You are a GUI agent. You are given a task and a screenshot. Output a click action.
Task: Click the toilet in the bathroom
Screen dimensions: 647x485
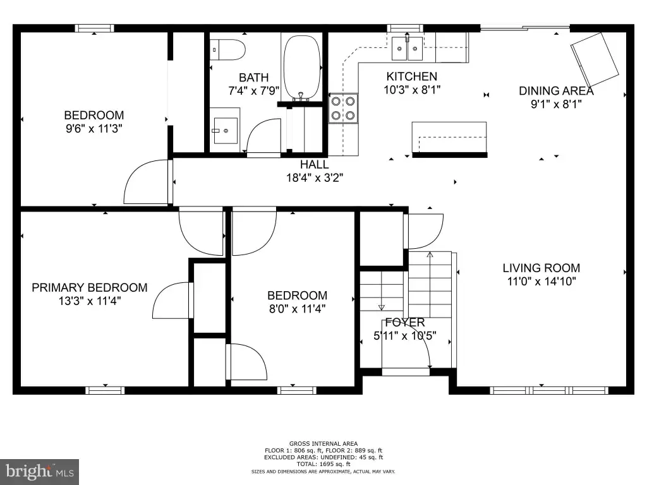[227, 50]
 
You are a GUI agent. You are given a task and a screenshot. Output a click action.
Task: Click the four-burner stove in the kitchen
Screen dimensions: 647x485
[343, 109]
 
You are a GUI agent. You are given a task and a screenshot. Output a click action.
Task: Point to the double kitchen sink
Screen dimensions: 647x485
[408, 48]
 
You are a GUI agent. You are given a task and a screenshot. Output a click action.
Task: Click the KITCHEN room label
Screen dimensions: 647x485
[412, 76]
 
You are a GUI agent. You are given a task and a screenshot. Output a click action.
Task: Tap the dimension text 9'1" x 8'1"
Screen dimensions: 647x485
[556, 104]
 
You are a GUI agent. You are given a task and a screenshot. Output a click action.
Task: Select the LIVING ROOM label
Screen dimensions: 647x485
[541, 268]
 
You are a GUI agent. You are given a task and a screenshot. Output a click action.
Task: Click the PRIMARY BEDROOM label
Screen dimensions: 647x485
[90, 287]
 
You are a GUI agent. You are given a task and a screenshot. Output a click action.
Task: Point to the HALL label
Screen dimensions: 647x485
[315, 165]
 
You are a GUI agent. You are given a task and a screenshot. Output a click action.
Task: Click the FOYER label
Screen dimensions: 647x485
[405, 322]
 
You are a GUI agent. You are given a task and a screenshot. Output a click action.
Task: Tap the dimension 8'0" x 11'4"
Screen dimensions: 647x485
[298, 308]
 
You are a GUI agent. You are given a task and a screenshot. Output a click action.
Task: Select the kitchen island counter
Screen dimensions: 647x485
[449, 140]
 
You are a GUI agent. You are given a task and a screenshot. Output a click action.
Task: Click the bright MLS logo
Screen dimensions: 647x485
[39, 472]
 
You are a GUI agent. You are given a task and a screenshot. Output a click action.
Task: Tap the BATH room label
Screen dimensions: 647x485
[254, 78]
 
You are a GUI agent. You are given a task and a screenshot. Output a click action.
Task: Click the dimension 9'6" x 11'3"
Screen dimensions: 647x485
[94, 128]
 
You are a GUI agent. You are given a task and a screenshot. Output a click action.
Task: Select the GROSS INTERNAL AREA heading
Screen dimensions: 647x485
[323, 444]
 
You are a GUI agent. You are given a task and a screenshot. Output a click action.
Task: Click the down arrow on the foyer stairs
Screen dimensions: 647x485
[382, 308]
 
